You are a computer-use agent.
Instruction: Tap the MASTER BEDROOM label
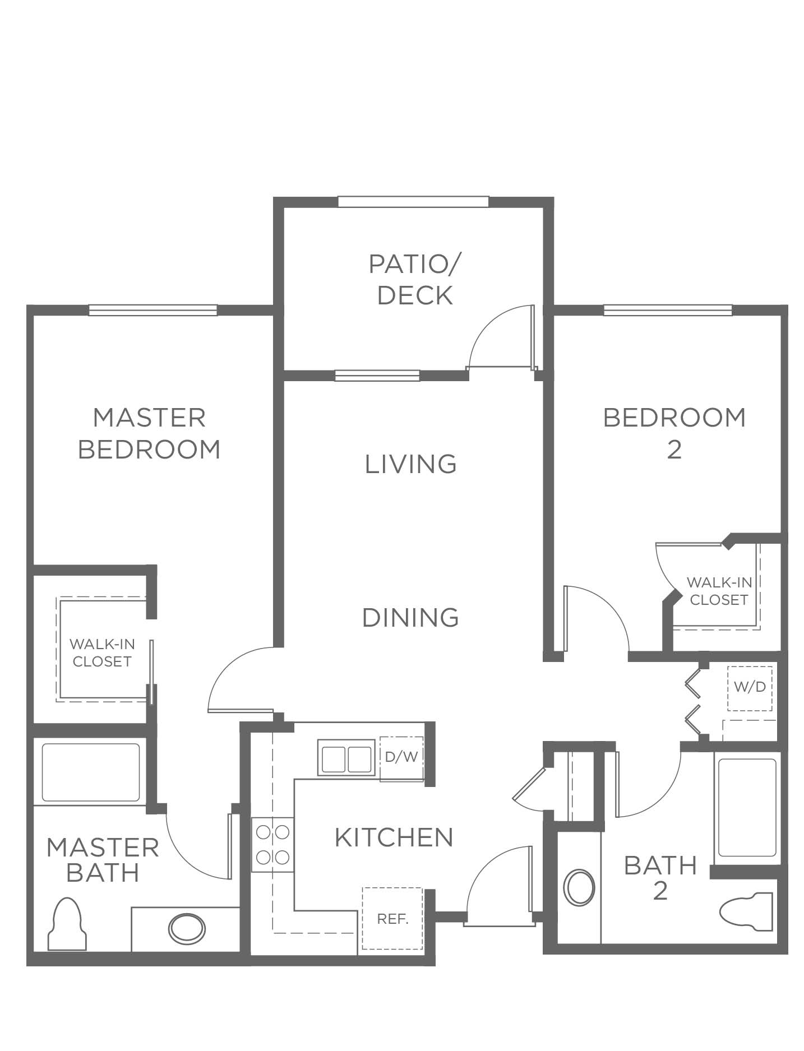coord(149,433)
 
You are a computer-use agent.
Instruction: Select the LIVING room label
coord(411,464)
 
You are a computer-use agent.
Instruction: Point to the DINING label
coord(410,617)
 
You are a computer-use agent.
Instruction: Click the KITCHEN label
coord(394,837)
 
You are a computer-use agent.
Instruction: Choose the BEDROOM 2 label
coord(674,433)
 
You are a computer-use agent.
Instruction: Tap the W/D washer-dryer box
coord(750,688)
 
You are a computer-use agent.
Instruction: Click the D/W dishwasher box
coord(401,757)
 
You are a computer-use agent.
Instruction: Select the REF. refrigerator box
coord(392,919)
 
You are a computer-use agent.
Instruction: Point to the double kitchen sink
coord(346,758)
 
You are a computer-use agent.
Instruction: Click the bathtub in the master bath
coord(91,772)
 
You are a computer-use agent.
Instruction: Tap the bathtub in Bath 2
coord(747,808)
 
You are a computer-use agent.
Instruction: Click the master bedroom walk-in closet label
coord(102,653)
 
